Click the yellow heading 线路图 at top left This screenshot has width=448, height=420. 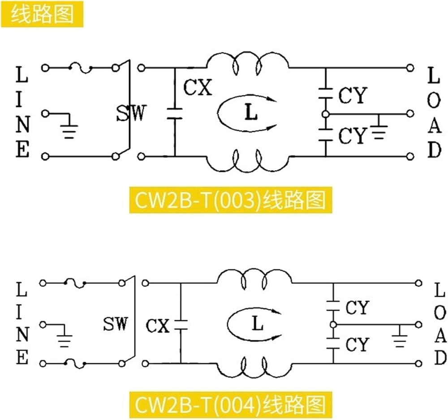42,14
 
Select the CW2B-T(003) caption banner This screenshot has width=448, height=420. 231,200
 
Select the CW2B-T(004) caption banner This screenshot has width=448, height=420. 231,405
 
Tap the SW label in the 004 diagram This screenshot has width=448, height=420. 115,324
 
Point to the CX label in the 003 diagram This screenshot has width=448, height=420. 198,87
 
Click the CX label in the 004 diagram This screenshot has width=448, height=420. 158,326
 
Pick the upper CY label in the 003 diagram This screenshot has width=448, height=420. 353,95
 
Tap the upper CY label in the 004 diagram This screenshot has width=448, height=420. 358,308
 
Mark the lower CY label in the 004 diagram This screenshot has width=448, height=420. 358,344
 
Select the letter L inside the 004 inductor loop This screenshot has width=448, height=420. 258,323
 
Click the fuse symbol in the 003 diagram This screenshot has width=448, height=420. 81,68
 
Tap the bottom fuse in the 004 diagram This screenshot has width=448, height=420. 75,364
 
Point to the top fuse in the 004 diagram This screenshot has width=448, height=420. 75,283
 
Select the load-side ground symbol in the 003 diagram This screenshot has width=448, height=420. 379,129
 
